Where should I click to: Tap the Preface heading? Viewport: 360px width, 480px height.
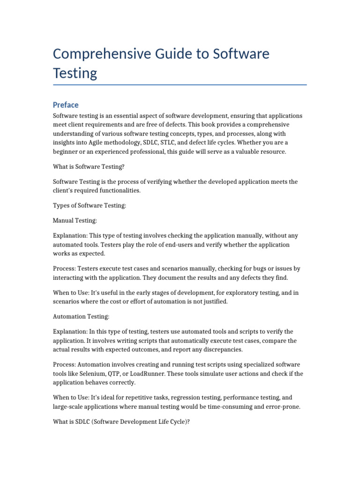tap(66, 105)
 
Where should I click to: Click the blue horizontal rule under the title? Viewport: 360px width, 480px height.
tap(180, 85)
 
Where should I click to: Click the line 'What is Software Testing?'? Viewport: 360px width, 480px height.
tap(88, 166)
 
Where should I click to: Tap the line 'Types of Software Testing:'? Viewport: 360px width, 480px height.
tap(90, 205)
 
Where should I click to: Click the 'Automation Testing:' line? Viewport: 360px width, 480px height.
tap(81, 317)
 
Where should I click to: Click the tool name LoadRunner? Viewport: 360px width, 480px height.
tap(166, 374)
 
